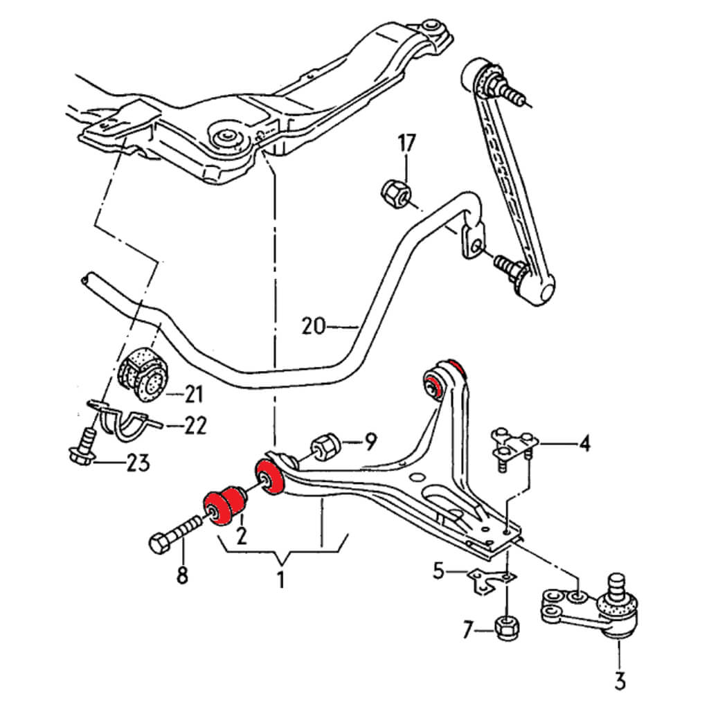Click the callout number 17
click(x=406, y=144)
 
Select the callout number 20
click(x=314, y=325)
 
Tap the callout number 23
click(x=137, y=463)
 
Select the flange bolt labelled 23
click(x=84, y=447)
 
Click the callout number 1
click(x=280, y=580)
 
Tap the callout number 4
click(x=584, y=443)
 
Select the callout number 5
click(x=438, y=571)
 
